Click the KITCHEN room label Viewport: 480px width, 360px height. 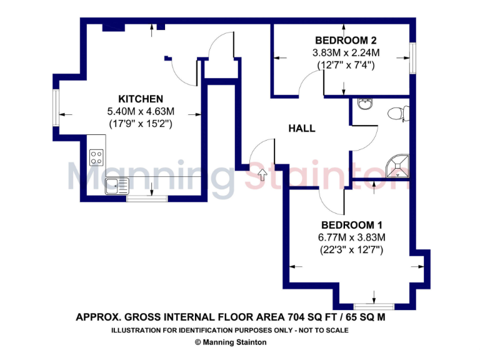point(141,99)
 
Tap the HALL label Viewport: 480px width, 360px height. point(301,129)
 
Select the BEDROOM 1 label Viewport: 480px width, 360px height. point(352,225)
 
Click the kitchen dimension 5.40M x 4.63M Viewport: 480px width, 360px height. point(141,111)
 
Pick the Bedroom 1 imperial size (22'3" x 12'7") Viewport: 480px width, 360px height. point(351,249)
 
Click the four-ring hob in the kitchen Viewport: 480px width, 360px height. point(97,156)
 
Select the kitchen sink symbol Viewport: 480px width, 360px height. point(117,184)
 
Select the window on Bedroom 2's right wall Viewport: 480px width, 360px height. point(412,57)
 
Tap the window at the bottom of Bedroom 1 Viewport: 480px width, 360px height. point(374,306)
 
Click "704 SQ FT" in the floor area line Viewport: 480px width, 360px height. point(311,317)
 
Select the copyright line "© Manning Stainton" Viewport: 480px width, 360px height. point(231,342)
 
